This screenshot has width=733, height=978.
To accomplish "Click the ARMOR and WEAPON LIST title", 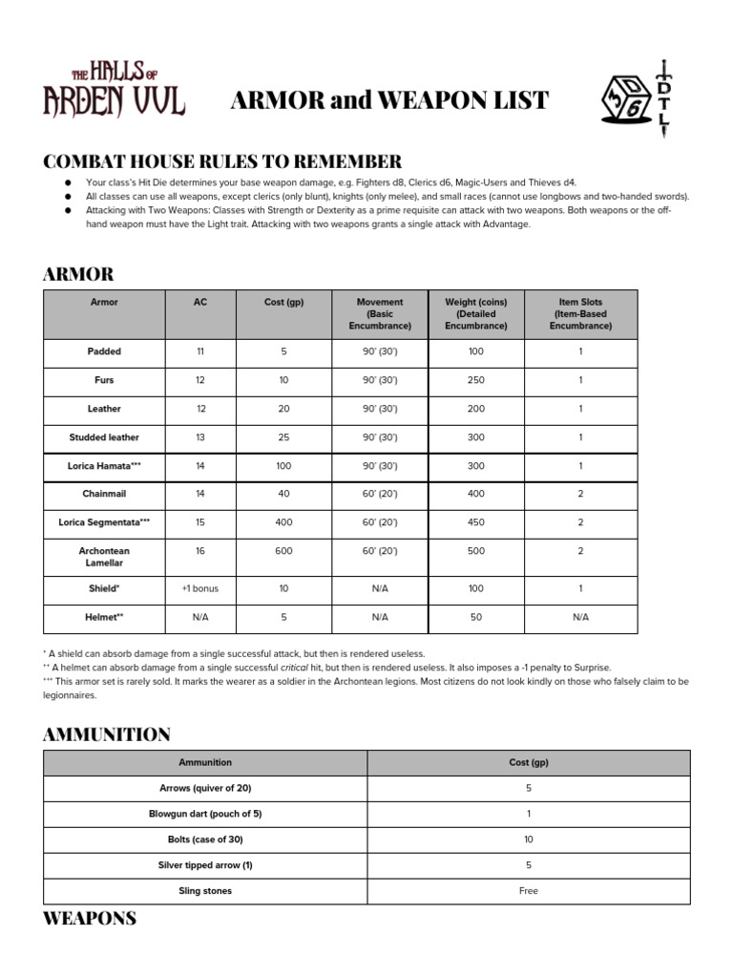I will point(389,100).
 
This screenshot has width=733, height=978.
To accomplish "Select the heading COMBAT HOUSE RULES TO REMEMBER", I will point(222,160).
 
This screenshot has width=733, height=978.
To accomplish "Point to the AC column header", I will point(199,302).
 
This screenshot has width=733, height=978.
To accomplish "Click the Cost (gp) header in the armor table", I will point(283,302).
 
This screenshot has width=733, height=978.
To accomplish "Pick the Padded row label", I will point(104,351).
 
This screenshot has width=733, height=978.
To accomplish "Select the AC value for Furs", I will point(199,380).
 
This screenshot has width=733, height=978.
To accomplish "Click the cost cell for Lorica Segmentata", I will point(283,522).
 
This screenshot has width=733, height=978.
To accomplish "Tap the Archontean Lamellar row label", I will point(104,557).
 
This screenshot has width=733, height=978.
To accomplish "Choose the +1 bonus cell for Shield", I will point(199,588).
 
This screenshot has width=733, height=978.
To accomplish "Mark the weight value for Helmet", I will point(475,617).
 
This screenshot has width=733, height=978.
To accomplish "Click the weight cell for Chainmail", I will point(475,494).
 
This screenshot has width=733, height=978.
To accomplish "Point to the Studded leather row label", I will point(104,437).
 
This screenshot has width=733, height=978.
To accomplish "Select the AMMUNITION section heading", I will point(107,734).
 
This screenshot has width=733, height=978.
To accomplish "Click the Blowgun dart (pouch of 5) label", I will point(205,814).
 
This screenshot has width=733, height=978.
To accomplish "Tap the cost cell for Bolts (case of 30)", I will point(528,840).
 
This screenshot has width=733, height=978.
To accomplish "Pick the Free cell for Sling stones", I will point(528,891).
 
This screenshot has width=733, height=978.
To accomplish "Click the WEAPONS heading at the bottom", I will point(90,919).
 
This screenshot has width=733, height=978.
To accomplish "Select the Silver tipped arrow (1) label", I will point(205,865).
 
